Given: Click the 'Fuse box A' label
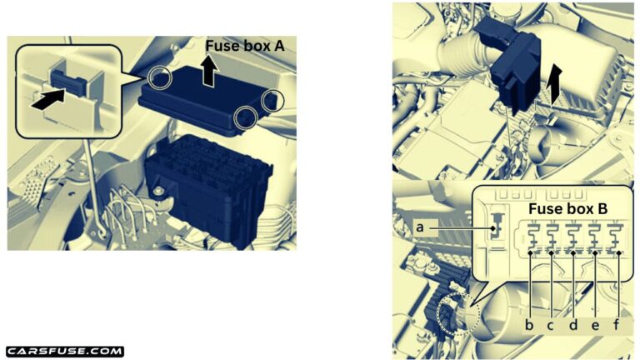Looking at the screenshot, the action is coord(244,46).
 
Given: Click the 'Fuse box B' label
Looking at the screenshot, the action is coord(567,209).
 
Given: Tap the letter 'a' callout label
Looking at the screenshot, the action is coord(420,227).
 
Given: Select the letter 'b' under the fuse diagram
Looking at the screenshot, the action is coord(529,325).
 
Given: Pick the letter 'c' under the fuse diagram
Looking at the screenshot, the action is coord(550,326).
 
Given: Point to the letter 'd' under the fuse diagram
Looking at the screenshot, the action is coord(573,325).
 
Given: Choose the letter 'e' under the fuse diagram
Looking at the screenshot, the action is coord(595,326).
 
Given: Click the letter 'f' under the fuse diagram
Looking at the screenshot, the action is coord(617,325).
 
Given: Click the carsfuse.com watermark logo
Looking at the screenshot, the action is coord(65,352).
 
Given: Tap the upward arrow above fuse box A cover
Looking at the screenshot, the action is coord(209,71).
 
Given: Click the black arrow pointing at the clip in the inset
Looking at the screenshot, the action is coord(48,99).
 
